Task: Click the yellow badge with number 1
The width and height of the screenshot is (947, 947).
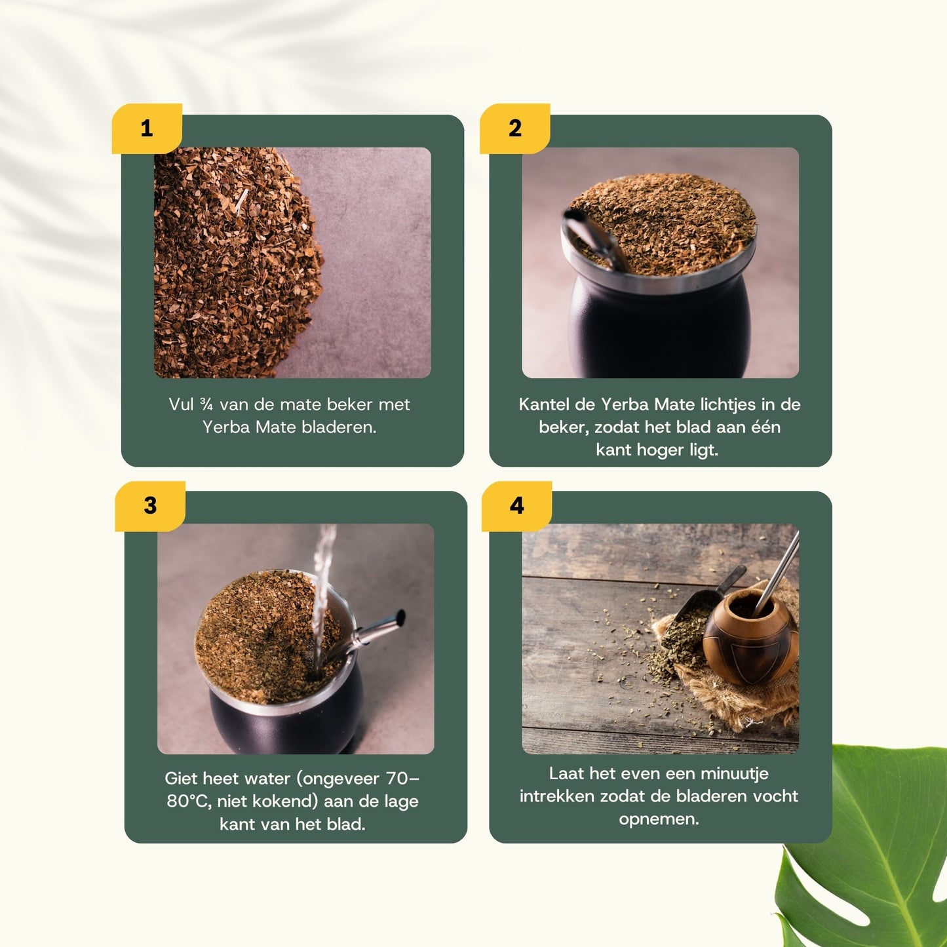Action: tap(147, 128)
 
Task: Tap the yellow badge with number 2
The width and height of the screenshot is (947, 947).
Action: tap(515, 128)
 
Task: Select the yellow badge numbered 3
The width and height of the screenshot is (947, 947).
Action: tap(150, 506)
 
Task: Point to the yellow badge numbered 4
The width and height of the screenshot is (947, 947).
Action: tap(516, 506)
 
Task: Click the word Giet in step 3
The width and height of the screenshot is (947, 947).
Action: tap(181, 779)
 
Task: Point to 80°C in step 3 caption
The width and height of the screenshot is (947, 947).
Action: tap(188, 802)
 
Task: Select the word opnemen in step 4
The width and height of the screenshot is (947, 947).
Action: tap(658, 819)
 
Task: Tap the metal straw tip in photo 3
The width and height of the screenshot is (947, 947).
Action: tap(398, 617)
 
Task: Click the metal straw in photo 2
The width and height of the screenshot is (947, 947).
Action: tap(593, 239)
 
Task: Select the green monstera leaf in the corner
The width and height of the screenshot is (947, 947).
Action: tap(872, 852)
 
